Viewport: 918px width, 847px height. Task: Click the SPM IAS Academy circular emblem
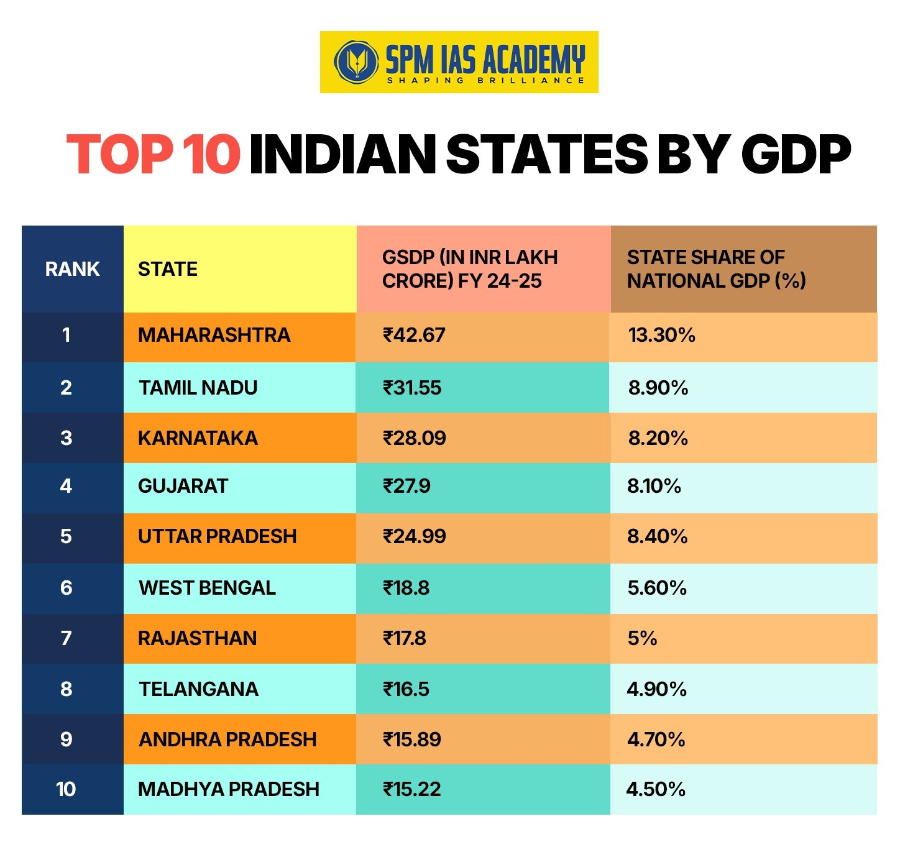pyautogui.click(x=356, y=62)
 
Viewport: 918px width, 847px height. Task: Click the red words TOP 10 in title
pyautogui.click(x=154, y=154)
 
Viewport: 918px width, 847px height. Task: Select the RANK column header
pyautogui.click(x=72, y=269)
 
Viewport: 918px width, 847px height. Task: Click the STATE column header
pyautogui.click(x=168, y=269)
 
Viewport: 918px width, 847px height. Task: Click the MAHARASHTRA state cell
pyautogui.click(x=214, y=336)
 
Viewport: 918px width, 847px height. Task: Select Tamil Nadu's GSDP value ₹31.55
pyautogui.click(x=412, y=388)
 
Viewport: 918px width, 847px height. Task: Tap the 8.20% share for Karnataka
pyautogui.click(x=658, y=438)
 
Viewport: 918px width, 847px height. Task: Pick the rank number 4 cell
pyautogui.click(x=66, y=486)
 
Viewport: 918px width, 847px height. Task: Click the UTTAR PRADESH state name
pyautogui.click(x=217, y=536)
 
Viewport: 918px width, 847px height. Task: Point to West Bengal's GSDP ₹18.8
pyautogui.click(x=406, y=588)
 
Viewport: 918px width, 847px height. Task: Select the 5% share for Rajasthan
pyautogui.click(x=642, y=638)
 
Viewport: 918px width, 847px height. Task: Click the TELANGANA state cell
pyautogui.click(x=198, y=689)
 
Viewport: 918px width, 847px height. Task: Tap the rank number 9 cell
pyautogui.click(x=66, y=739)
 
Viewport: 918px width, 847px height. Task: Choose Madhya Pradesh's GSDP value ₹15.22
pyautogui.click(x=412, y=789)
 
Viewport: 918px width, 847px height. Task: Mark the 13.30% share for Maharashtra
pyautogui.click(x=661, y=336)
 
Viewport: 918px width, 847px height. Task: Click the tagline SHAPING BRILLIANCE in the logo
pyautogui.click(x=485, y=80)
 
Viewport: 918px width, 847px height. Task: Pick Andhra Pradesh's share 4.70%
pyautogui.click(x=656, y=739)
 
